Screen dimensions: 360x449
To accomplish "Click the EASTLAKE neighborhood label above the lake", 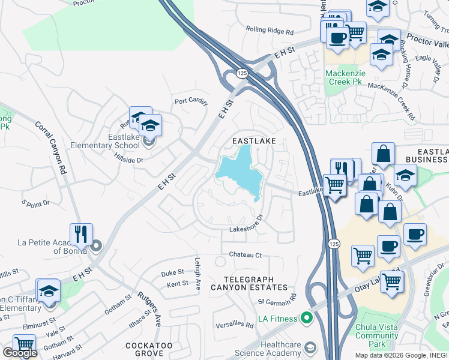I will (x=254, y=140).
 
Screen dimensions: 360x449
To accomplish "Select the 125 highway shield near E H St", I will (x=241, y=73).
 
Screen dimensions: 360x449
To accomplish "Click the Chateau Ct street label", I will (x=246, y=255).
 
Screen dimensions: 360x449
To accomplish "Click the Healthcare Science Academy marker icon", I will (x=310, y=348).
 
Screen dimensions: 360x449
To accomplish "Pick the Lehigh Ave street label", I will (x=197, y=274).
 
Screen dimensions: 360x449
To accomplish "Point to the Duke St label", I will (x=172, y=273).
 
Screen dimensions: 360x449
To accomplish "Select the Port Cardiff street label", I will (x=191, y=101).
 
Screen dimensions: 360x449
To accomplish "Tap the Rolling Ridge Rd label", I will (x=270, y=30).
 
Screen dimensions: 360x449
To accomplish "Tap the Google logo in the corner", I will (x=20, y=353).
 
